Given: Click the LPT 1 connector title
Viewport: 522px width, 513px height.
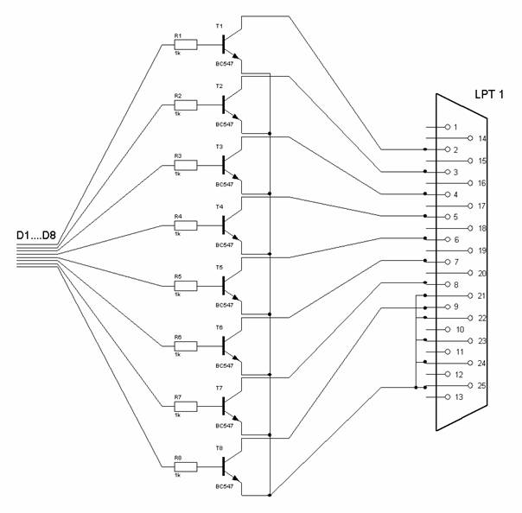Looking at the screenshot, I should (x=491, y=92).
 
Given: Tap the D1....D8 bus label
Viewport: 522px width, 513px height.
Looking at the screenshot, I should (x=37, y=235).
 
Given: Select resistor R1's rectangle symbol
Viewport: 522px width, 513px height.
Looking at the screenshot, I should (x=185, y=45).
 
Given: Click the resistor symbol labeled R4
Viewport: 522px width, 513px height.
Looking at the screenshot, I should (x=185, y=225).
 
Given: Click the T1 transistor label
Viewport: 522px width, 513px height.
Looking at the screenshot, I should (x=219, y=27).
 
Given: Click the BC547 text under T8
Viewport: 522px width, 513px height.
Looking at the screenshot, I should (x=224, y=486).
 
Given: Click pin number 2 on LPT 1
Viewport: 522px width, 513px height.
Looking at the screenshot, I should (x=455, y=149).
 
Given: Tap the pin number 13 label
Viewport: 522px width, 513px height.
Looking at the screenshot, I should (x=459, y=397).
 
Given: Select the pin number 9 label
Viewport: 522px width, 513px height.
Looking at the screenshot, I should (x=455, y=307).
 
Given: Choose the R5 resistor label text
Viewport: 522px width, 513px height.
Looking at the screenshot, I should (x=177, y=276).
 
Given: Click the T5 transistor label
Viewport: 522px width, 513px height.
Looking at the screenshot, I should (x=219, y=268).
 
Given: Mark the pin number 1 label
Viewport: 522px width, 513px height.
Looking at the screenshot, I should (x=455, y=127).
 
